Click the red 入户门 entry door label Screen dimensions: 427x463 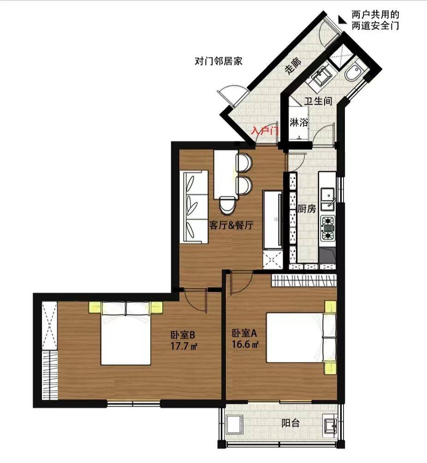click(x=264, y=131)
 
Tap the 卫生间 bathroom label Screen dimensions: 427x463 click(x=318, y=101)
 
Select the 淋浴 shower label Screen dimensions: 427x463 click(x=299, y=122)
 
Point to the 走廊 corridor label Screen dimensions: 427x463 click(x=293, y=65)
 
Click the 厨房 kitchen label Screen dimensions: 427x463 click(x=307, y=209)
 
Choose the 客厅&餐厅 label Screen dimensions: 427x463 click(x=231, y=225)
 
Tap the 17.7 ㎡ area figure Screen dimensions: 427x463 click(x=184, y=346)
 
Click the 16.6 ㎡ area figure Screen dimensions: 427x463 click(x=245, y=344)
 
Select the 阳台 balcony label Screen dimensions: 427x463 click(x=291, y=423)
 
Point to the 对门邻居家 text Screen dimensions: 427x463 click(x=219, y=61)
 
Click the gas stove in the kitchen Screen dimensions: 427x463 click(x=328, y=228)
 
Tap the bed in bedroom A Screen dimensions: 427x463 click(x=301, y=337)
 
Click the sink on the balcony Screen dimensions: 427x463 click(x=330, y=425)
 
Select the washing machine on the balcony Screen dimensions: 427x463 click(x=234, y=425)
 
